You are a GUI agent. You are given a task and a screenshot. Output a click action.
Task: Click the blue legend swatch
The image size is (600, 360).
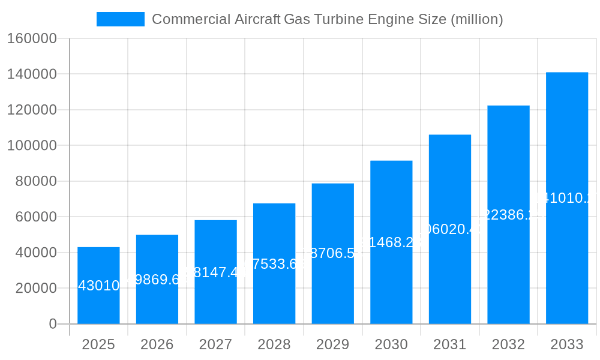120,19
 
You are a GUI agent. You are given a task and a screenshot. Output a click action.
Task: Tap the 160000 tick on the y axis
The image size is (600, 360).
32,39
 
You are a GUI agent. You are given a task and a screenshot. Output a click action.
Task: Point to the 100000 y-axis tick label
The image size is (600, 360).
32,146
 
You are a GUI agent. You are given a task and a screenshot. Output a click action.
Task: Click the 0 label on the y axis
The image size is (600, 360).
53,324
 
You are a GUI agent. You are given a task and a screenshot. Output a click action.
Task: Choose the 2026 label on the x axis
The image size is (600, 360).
157,345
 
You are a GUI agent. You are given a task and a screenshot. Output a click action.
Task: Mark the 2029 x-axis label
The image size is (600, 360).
332,345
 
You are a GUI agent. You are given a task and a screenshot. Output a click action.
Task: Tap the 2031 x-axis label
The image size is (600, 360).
450,345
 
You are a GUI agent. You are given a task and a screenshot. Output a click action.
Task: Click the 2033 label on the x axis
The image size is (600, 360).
567,345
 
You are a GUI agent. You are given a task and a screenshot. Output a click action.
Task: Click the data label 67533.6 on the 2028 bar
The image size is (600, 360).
274,264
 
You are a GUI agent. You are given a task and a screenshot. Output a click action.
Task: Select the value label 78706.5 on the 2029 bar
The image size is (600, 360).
332,253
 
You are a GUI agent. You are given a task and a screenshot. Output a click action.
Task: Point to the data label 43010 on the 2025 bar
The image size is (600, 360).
98,286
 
